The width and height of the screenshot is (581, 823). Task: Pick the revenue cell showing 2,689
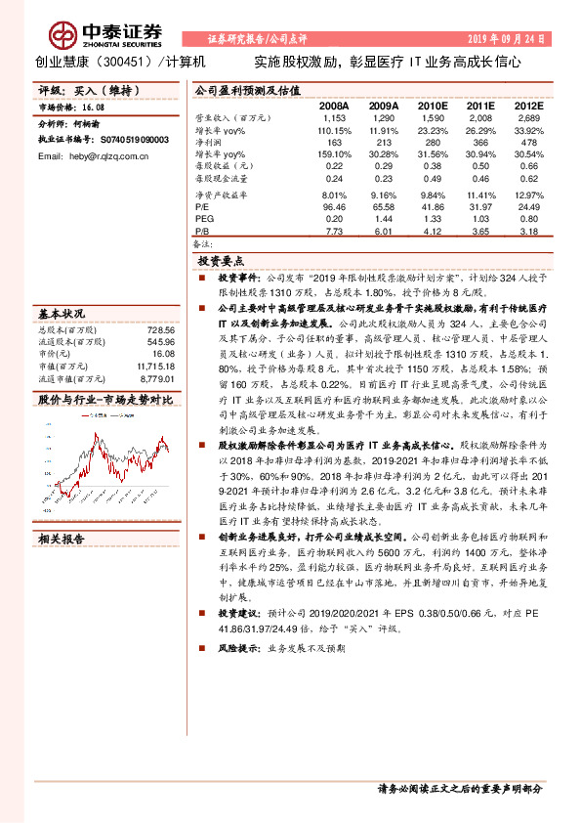527,116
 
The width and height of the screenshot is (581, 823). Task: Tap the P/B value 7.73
334,232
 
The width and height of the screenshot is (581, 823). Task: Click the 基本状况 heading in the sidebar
62,315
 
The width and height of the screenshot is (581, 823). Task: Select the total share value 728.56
160,330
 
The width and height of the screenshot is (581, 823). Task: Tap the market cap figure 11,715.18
156,366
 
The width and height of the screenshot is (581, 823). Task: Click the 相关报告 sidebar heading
62,539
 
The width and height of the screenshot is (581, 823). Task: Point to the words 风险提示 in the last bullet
240,647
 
